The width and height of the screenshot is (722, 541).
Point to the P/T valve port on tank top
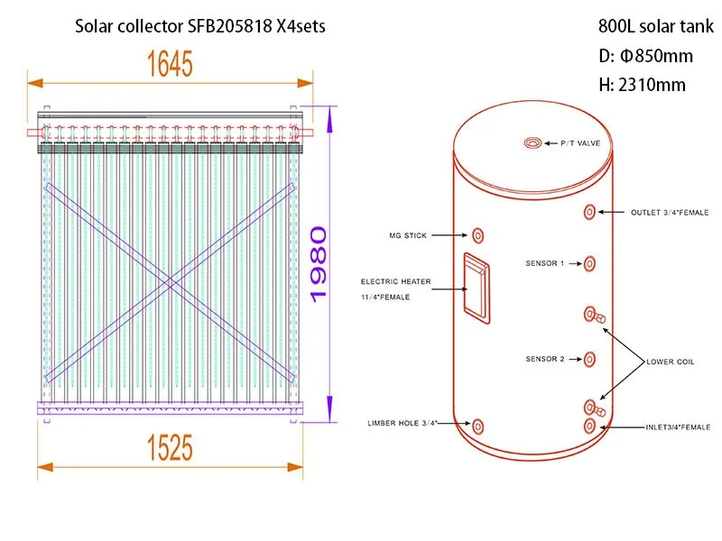pos(534,142)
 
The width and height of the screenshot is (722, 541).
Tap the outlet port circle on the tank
pos(589,213)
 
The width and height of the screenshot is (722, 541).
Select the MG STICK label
pos(407,236)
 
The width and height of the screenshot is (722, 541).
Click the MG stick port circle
pos(477,236)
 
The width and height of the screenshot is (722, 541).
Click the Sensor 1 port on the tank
pos(589,263)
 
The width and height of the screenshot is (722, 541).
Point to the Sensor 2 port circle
pos(589,359)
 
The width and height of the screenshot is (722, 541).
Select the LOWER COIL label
pos(670,362)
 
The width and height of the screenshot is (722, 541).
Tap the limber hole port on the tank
pos(477,425)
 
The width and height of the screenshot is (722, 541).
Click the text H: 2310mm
pos(642,86)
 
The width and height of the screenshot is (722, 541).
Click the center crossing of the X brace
pos(170,281)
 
